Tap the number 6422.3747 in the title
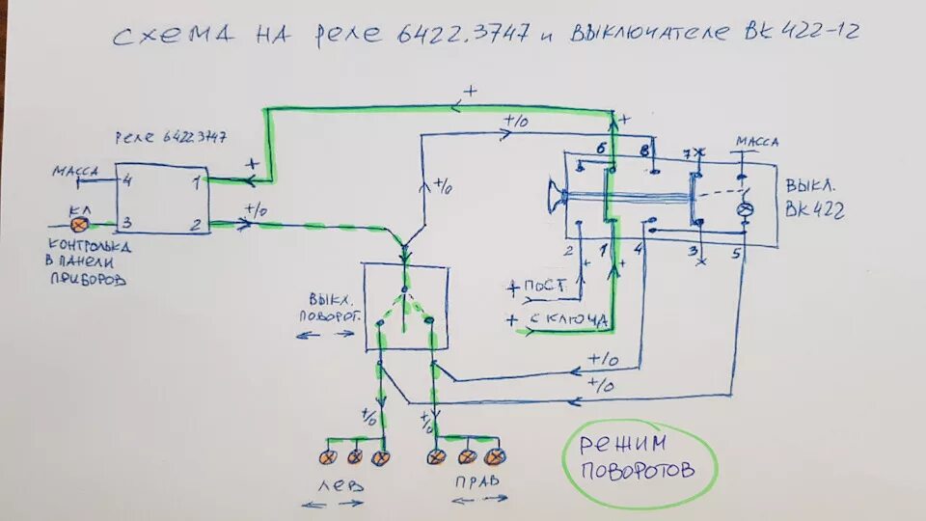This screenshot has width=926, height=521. point(466,35)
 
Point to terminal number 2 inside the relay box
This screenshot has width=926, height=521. point(195,226)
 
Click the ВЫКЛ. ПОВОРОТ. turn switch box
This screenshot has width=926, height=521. point(404,307)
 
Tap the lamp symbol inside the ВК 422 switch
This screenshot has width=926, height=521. point(744,208)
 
